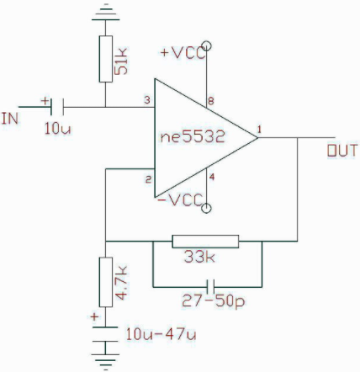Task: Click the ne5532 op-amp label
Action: click(x=193, y=136)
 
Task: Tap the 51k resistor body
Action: click(x=106, y=59)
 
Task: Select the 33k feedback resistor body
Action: click(x=205, y=242)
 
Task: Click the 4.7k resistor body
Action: click(x=106, y=282)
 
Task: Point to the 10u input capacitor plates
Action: click(x=57, y=107)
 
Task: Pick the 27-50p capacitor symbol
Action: click(x=210, y=287)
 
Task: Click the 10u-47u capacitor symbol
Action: click(x=105, y=334)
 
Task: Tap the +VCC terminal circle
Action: click(x=206, y=45)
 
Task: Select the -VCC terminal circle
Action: click(x=206, y=209)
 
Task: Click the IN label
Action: click(x=10, y=119)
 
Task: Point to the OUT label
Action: click(x=342, y=151)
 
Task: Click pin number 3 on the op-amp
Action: click(x=147, y=100)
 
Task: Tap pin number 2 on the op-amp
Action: click(x=148, y=179)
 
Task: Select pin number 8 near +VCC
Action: click(x=211, y=101)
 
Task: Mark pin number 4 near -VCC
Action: click(x=212, y=178)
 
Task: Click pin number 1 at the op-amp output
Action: click(x=259, y=130)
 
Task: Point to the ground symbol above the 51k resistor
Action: click(x=105, y=13)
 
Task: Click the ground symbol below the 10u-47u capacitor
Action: click(x=105, y=362)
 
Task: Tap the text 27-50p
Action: click(x=214, y=301)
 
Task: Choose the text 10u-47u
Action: click(x=161, y=334)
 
